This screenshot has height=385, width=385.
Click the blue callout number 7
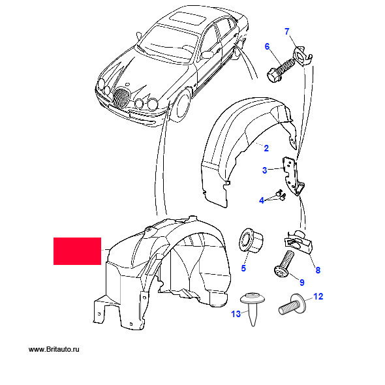[286, 32]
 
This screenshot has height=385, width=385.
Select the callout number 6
[267, 46]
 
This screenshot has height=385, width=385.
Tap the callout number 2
[266, 148]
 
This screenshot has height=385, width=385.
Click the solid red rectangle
[78, 251]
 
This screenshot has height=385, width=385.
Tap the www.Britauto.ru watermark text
[54, 349]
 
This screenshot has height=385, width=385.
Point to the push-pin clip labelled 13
[253, 307]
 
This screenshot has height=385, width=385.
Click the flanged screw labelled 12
[293, 305]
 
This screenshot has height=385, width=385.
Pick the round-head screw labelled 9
[284, 265]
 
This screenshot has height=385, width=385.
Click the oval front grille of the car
[121, 97]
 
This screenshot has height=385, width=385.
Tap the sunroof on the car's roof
[187, 19]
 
